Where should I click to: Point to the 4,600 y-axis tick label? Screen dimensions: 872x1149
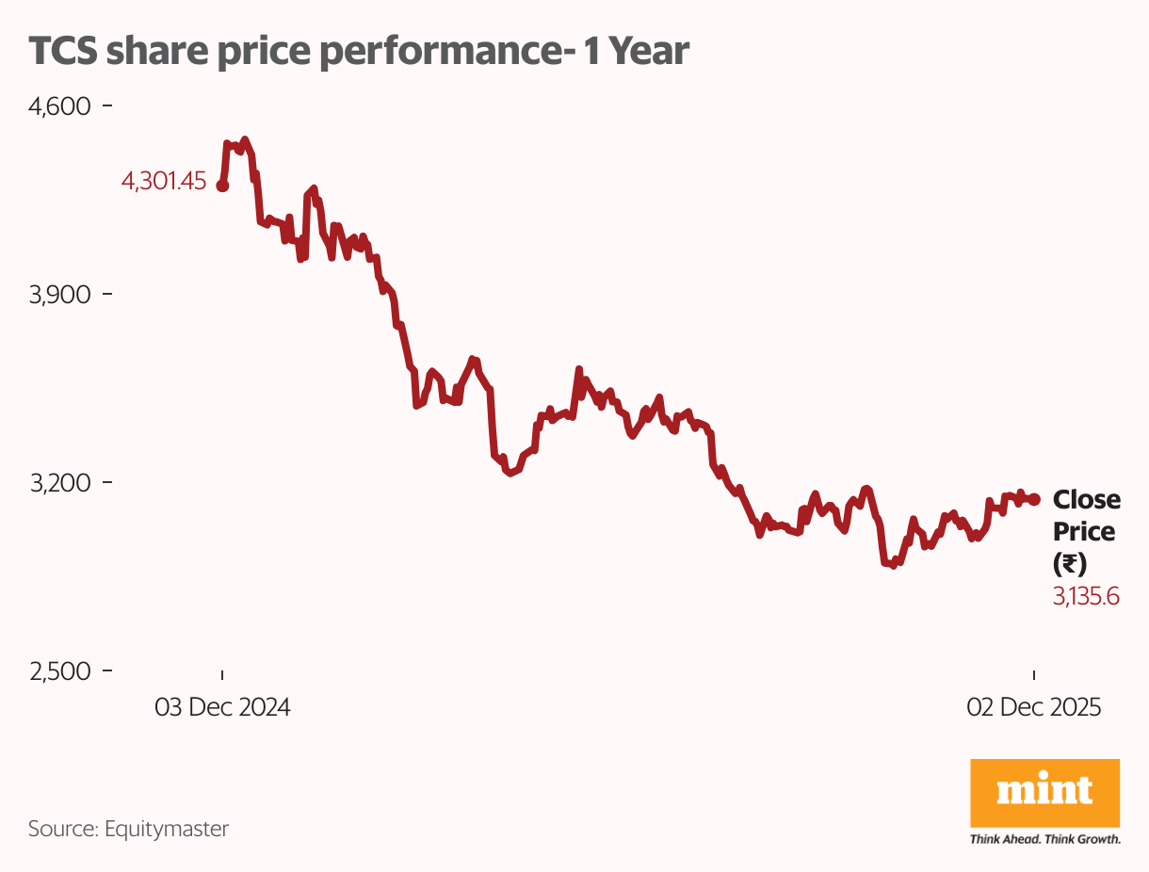pyautogui.click(x=59, y=106)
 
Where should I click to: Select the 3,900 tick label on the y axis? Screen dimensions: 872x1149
pyautogui.click(x=59, y=295)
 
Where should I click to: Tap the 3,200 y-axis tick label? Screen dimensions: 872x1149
pyautogui.click(x=59, y=483)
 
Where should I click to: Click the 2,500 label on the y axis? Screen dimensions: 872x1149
pyautogui.click(x=59, y=671)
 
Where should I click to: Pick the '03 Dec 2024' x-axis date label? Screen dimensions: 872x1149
pyautogui.click(x=222, y=707)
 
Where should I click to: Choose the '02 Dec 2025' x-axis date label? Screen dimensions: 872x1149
pyautogui.click(x=1034, y=707)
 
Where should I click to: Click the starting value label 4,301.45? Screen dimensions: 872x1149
pyautogui.click(x=163, y=182)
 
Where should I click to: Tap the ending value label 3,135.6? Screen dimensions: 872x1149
pyautogui.click(x=1086, y=596)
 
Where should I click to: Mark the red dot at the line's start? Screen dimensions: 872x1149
pyautogui.click(x=222, y=186)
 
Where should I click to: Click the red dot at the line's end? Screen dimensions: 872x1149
pyautogui.click(x=1035, y=499)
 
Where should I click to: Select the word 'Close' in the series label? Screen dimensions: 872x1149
pyautogui.click(x=1086, y=499)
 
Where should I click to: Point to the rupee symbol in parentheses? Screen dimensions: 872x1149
pyautogui.click(x=1069, y=564)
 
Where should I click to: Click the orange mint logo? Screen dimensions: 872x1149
pyautogui.click(x=1044, y=793)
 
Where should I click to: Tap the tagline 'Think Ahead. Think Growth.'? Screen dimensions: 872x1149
pyautogui.click(x=1044, y=839)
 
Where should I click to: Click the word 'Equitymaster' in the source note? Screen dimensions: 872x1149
pyautogui.click(x=167, y=829)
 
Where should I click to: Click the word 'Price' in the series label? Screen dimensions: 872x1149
pyautogui.click(x=1083, y=531)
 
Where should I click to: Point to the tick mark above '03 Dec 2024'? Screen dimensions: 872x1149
pyautogui.click(x=222, y=675)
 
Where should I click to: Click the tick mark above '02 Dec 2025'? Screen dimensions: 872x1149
pyautogui.click(x=1035, y=675)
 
